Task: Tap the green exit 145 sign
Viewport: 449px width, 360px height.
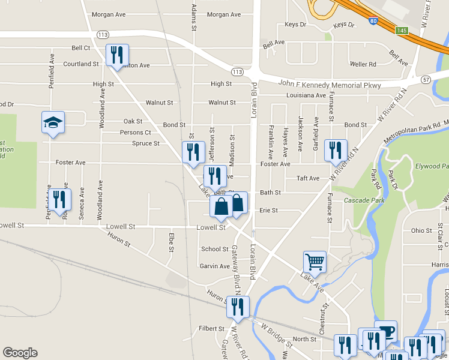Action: [402, 30]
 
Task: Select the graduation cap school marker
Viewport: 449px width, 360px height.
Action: [53, 123]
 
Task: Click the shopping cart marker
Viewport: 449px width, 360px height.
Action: [315, 261]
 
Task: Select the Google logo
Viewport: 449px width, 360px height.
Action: [20, 353]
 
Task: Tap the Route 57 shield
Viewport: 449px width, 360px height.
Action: [426, 79]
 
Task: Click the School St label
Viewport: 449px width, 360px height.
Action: [215, 249]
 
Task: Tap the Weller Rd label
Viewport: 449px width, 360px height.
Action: [363, 64]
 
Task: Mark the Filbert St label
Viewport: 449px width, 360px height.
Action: [211, 329]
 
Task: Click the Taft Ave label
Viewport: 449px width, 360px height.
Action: [308, 179]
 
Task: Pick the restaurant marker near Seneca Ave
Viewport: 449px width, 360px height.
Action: [59, 199]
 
